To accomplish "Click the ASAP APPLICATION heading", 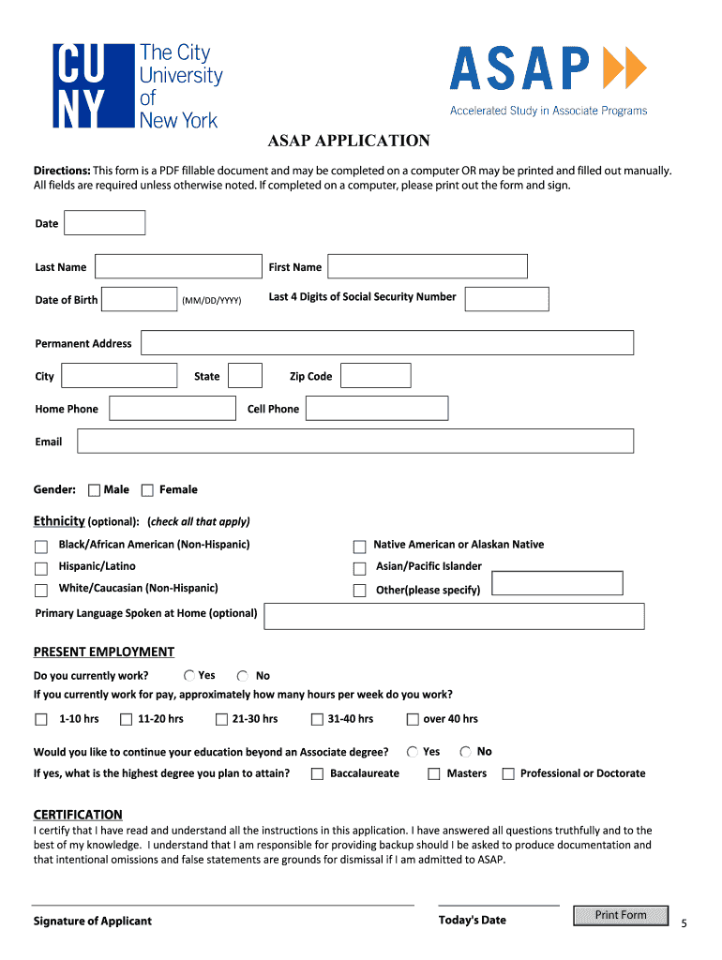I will pos(349,142).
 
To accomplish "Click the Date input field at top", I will pos(104,223).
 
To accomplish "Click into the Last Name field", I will pos(178,267).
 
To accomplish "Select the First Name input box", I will pos(428,267).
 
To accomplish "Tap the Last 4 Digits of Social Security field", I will pos(506,299).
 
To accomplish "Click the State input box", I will pos(245,376).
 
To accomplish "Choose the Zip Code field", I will pos(375,376).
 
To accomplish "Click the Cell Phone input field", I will pos(377,409).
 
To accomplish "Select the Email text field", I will pos(355,442).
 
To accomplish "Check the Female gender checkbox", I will pos(147,490).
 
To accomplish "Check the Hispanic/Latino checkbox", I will pos(41,569).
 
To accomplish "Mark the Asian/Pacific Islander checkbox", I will pos(359,569).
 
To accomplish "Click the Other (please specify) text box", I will pos(557,584).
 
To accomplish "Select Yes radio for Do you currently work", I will pos(189,676).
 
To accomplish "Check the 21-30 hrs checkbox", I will pos(222,720).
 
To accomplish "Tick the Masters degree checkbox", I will pos(434,774).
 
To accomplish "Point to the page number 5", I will pos(684,923).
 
